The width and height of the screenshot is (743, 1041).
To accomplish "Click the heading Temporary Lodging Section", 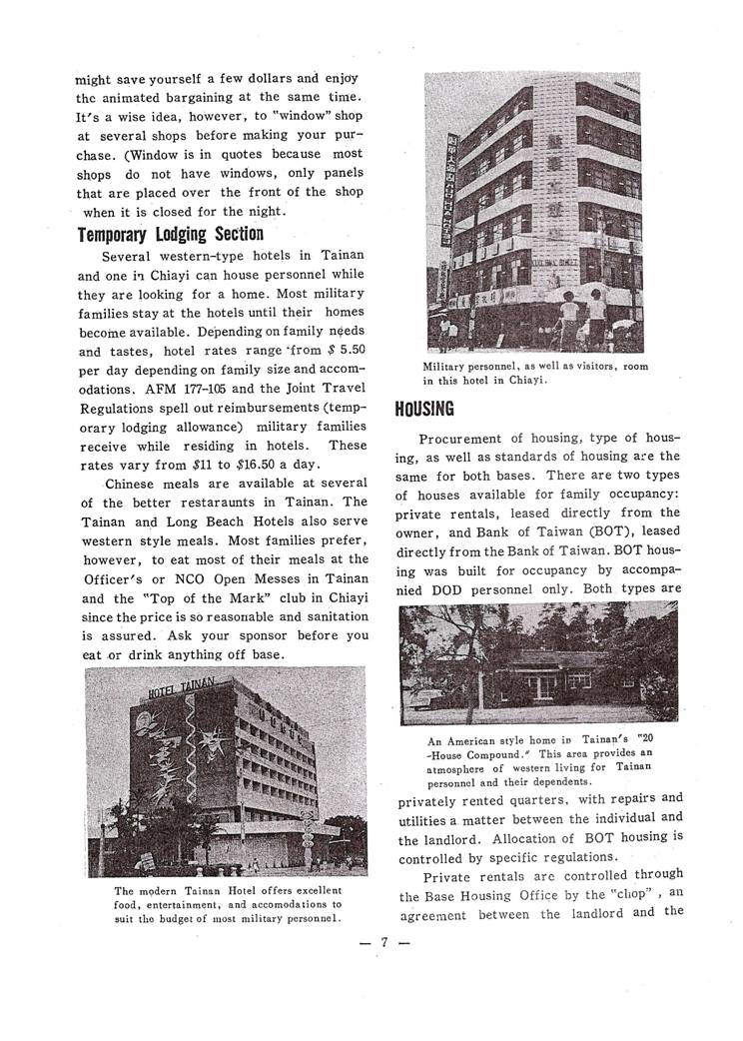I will pyautogui.click(x=170, y=234).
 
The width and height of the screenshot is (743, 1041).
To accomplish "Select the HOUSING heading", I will pyautogui.click(x=424, y=409).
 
